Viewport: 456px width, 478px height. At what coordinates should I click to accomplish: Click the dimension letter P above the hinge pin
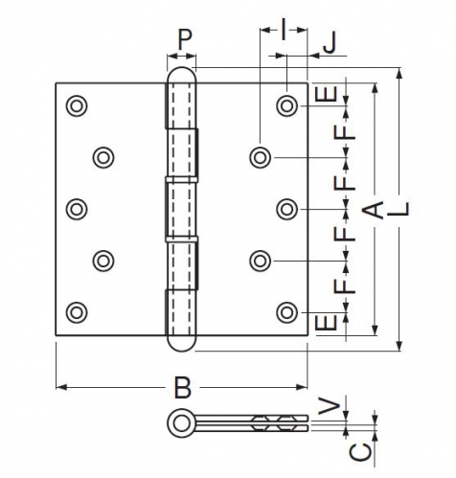tap(185, 39)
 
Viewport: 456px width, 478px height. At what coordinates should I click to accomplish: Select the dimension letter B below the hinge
tap(183, 388)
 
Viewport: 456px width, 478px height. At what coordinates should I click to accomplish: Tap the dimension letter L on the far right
tap(399, 209)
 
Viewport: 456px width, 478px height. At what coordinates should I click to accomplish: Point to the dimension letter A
tap(373, 210)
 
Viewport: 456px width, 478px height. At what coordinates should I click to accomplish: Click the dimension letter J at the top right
tap(330, 43)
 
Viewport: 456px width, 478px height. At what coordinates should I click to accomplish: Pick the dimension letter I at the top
tap(284, 30)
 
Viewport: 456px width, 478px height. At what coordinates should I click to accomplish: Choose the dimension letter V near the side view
tap(330, 407)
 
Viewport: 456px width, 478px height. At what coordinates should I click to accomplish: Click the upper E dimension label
tap(326, 94)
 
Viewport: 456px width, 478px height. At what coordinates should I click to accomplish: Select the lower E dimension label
tap(326, 322)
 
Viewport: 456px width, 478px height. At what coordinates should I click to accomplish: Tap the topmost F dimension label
tap(345, 132)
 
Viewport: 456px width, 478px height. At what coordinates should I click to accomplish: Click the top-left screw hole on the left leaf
tap(77, 105)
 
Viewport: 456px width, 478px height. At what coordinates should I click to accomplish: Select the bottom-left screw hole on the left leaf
tap(77, 312)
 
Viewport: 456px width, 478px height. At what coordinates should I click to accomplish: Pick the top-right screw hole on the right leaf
tap(287, 105)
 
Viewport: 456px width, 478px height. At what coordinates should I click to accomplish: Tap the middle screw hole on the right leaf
tap(287, 209)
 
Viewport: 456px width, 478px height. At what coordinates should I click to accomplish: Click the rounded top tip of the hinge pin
tap(182, 68)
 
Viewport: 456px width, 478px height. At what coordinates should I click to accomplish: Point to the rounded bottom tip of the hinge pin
tap(182, 351)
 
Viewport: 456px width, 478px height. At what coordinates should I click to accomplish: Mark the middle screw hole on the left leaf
tap(77, 209)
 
